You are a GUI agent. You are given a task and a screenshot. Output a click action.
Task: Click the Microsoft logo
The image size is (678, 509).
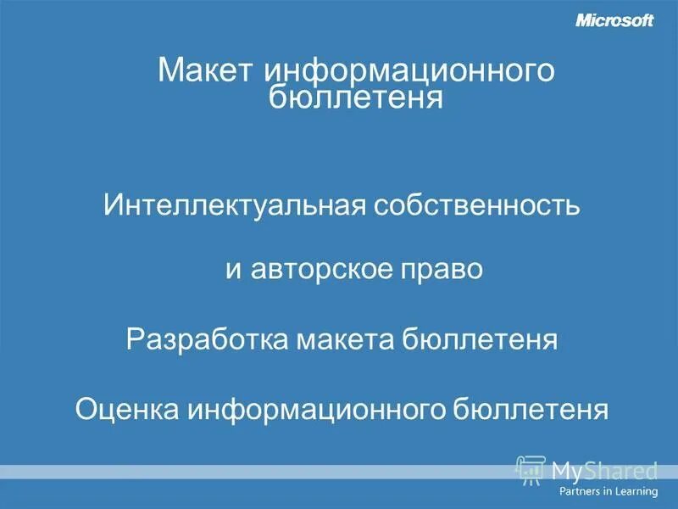(614, 21)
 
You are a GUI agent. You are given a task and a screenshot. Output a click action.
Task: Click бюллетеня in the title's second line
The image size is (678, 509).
(356, 98)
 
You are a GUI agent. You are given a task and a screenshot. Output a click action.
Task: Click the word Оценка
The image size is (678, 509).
(125, 409)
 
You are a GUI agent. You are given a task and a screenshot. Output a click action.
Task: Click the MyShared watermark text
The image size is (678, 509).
(603, 469)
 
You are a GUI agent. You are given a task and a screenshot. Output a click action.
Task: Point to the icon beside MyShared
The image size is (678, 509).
(530, 468)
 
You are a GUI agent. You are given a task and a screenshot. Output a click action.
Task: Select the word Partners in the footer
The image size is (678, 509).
(580, 491)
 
